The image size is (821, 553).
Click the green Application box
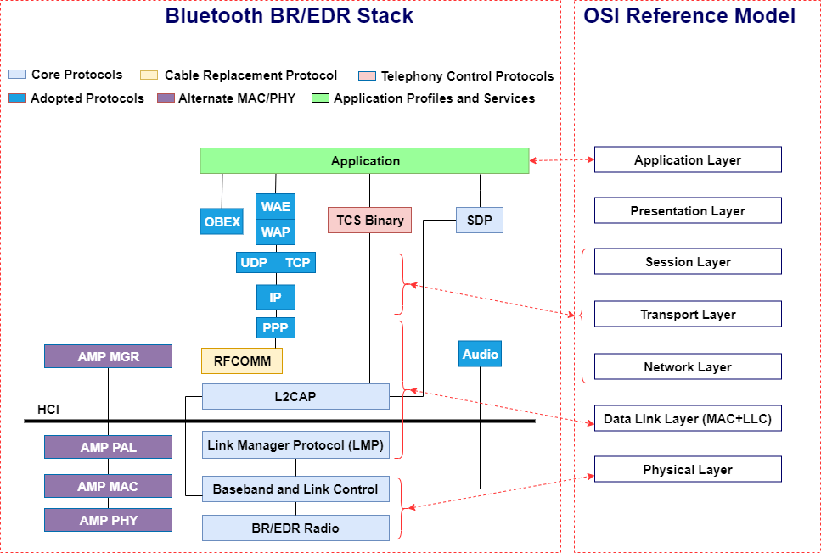[364, 160]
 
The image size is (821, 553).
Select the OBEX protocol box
[222, 222]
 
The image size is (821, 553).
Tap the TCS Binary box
[369, 221]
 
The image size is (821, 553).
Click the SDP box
[480, 221]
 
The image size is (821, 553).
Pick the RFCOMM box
[242, 360]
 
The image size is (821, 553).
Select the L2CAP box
[295, 396]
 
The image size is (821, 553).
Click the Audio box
[481, 354]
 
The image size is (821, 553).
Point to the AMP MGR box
[108, 356]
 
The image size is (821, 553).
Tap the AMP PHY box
[108, 520]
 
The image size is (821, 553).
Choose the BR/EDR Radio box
[295, 528]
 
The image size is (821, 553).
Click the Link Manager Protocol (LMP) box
[295, 444]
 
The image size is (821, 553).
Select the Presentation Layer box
[688, 210]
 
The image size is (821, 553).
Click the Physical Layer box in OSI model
[688, 469]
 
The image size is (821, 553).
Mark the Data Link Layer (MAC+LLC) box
[688, 418]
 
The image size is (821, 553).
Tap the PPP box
[275, 327]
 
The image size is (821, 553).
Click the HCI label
[48, 410]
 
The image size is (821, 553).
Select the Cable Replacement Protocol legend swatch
[149, 75]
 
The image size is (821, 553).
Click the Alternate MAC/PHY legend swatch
[166, 98]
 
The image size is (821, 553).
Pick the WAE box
[275, 206]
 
